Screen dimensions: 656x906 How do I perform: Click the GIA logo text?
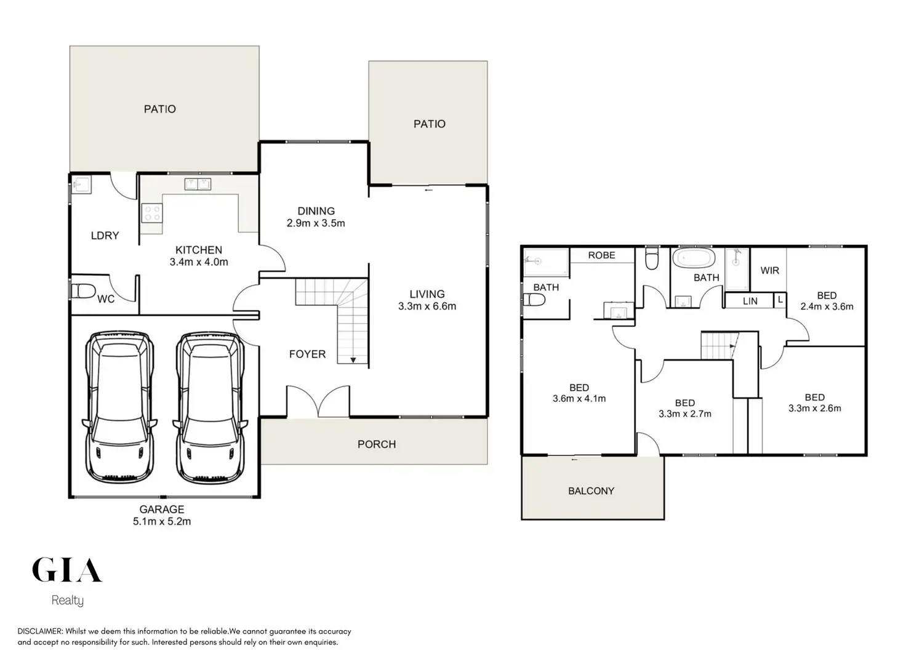pyautogui.click(x=66, y=570)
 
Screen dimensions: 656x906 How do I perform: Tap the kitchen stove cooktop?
pyautogui.click(x=151, y=214)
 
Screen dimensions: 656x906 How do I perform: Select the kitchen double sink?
pyautogui.click(x=198, y=184)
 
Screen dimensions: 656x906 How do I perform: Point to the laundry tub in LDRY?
pyautogui.click(x=81, y=185)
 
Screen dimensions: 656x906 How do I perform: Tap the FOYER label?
pyautogui.click(x=307, y=354)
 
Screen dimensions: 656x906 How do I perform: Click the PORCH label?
pyautogui.click(x=376, y=444)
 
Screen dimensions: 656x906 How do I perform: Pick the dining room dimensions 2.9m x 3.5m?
pyautogui.click(x=316, y=223)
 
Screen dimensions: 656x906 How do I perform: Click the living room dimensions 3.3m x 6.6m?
pyautogui.click(x=427, y=306)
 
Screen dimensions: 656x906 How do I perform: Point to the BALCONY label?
pyautogui.click(x=591, y=490)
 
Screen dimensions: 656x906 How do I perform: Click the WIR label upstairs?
pyautogui.click(x=769, y=270)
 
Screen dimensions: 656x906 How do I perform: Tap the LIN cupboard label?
pyautogui.click(x=750, y=301)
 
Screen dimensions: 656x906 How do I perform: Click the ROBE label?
pyautogui.click(x=601, y=255)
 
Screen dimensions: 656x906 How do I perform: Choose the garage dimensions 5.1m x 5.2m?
pyautogui.click(x=162, y=521)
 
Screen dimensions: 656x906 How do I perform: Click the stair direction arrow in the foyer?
pyautogui.click(x=353, y=359)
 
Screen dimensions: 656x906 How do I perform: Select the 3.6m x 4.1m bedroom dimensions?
pyautogui.click(x=579, y=398)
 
